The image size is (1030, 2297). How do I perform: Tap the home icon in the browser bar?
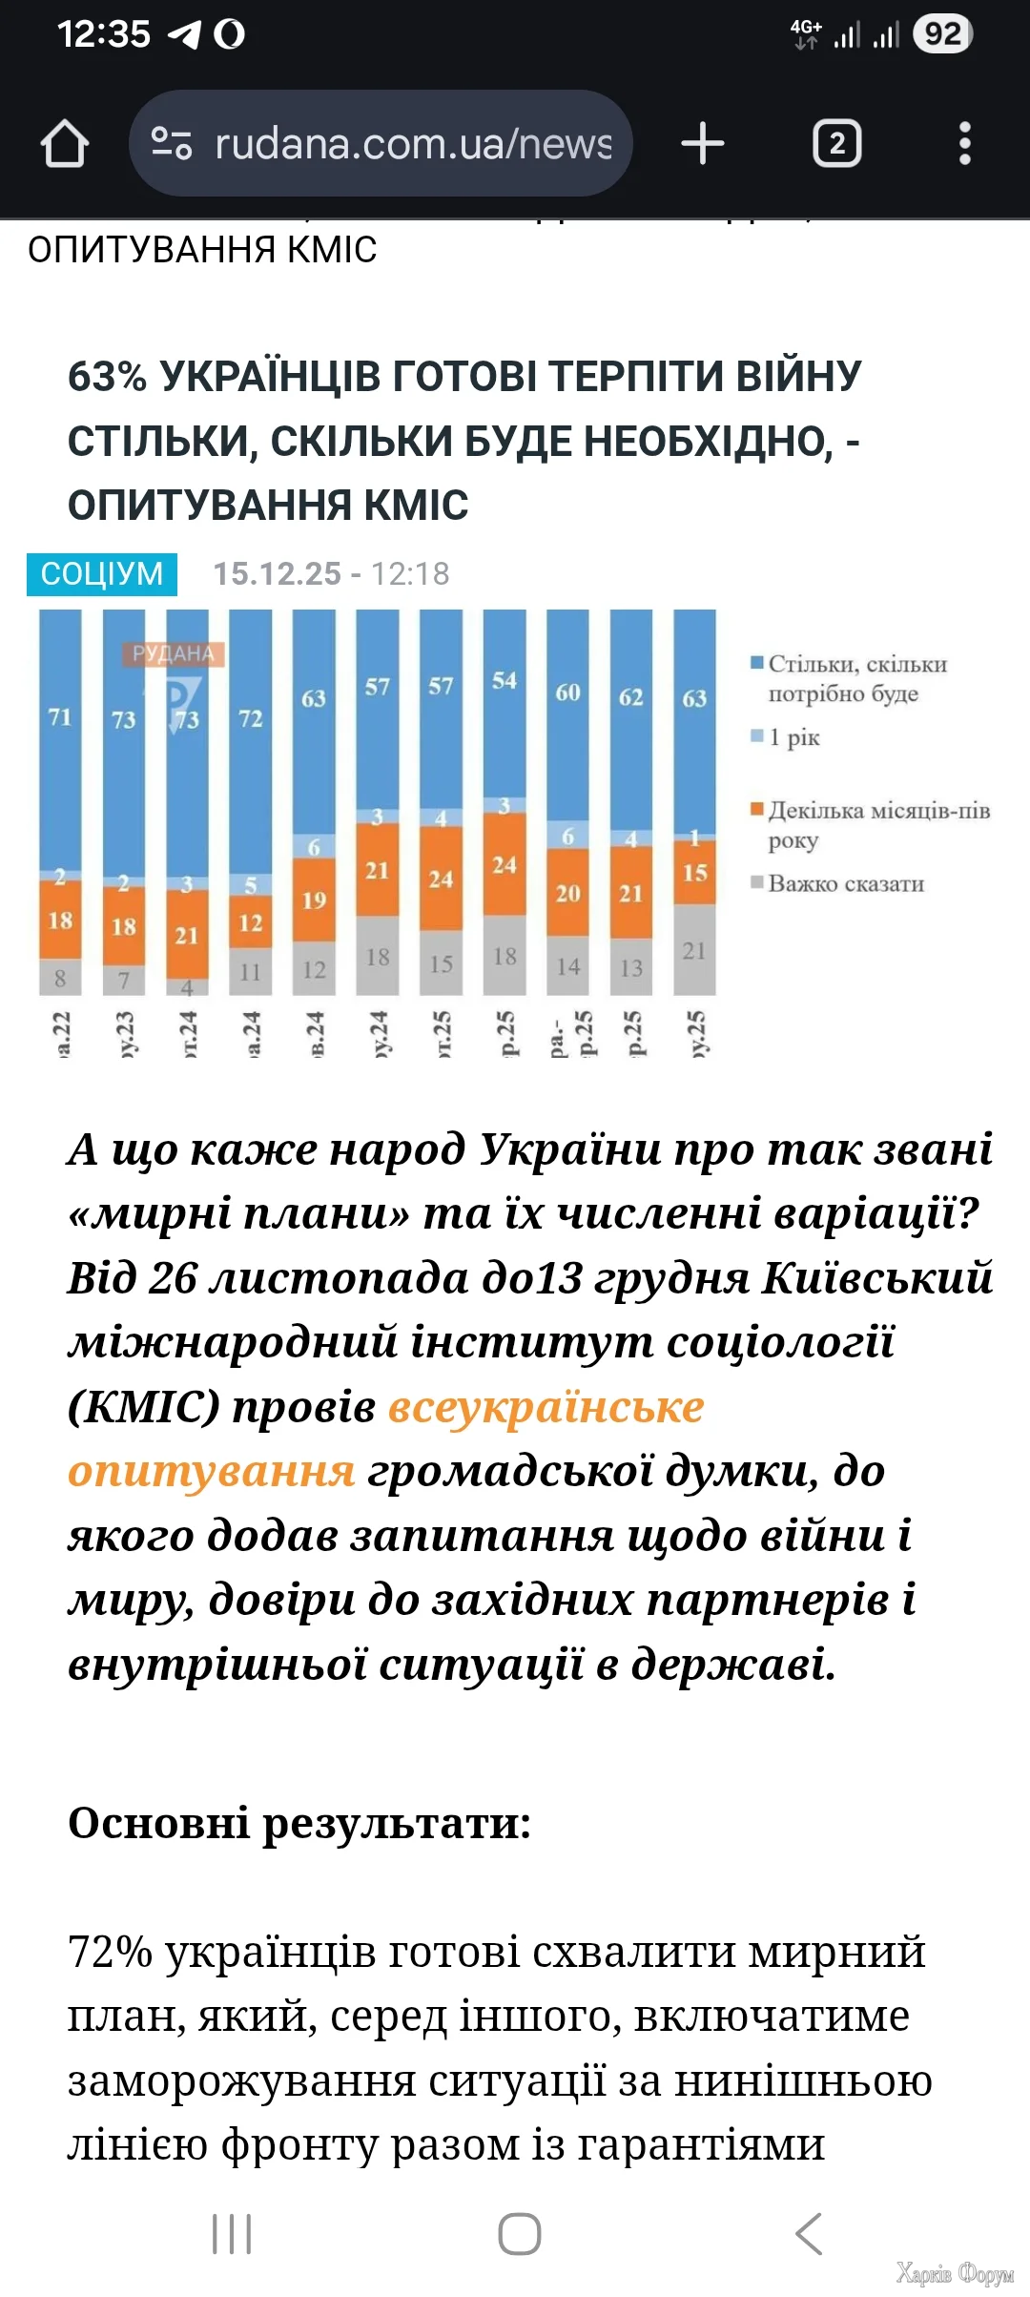click(x=65, y=144)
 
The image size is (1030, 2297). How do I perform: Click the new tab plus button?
click(x=703, y=144)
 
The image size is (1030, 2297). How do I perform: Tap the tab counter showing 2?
click(x=836, y=144)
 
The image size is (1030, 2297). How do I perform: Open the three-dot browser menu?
click(x=965, y=144)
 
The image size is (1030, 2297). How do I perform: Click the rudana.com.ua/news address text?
click(x=412, y=144)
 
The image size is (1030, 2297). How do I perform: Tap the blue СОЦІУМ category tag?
click(x=102, y=574)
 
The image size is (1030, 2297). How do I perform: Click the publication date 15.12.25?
click(x=277, y=574)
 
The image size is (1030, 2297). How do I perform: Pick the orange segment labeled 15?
click(x=694, y=873)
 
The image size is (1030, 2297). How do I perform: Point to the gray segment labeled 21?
click(x=694, y=950)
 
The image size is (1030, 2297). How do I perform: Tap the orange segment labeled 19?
click(x=314, y=900)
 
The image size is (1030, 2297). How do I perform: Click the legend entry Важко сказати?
click(x=846, y=884)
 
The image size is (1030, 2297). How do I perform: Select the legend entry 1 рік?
click(x=793, y=737)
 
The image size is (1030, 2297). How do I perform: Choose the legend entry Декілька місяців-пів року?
click(x=877, y=825)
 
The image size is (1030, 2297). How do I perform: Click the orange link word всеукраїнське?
click(x=546, y=1407)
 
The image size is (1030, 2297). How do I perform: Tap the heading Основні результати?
click(x=299, y=1823)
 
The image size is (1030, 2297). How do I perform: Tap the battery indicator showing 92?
click(x=942, y=34)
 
